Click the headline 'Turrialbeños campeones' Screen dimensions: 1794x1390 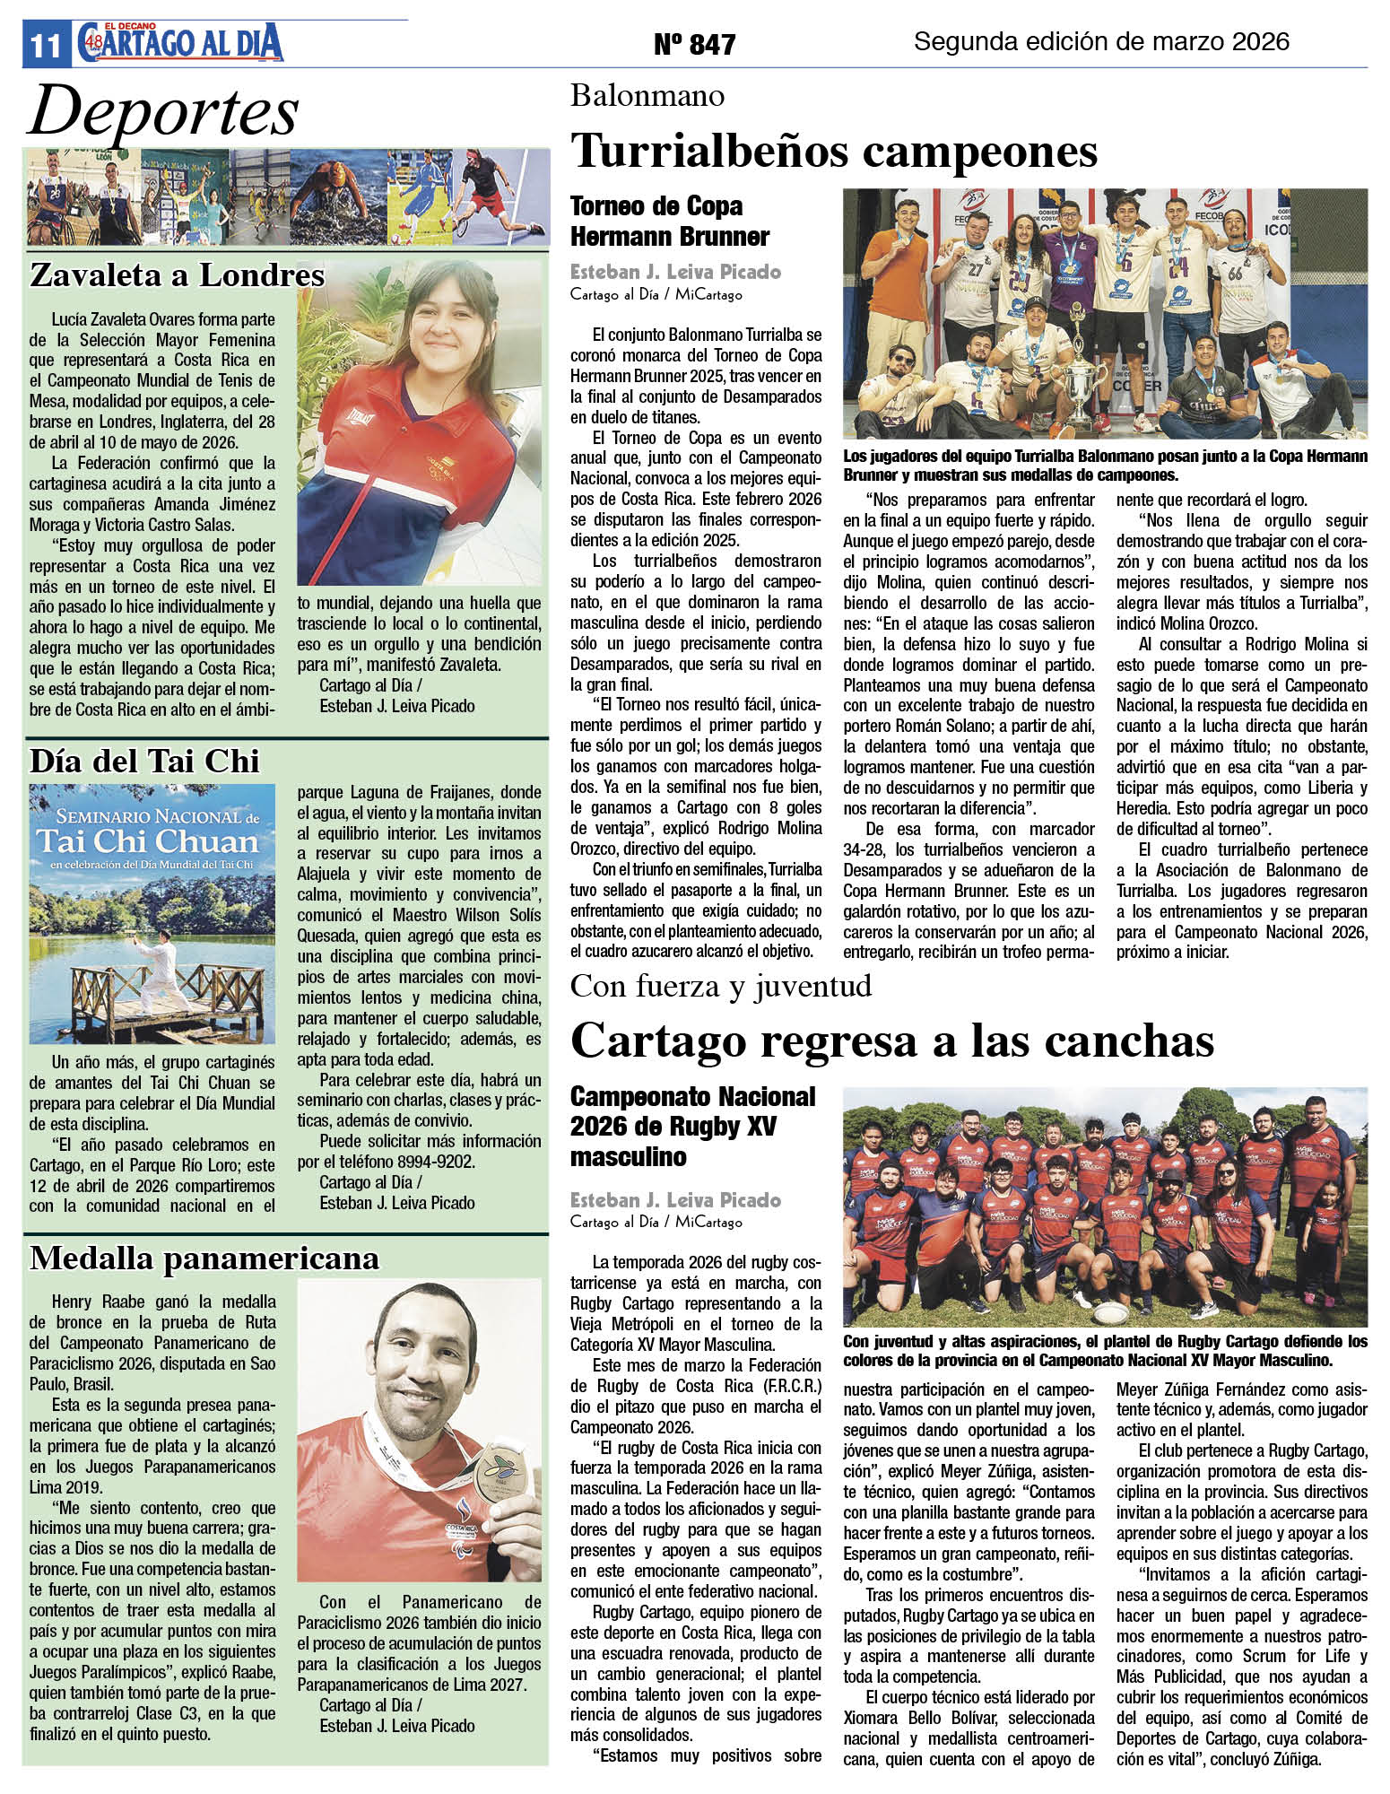pyautogui.click(x=834, y=151)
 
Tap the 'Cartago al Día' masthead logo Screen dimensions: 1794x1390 pyautogui.click(x=180, y=43)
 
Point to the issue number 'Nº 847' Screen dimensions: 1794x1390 pyautogui.click(x=694, y=44)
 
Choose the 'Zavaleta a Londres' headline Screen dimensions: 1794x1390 pyautogui.click(x=177, y=274)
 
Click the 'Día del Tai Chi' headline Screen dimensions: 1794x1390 pyautogui.click(x=144, y=761)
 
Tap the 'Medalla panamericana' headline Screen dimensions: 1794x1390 pyautogui.click(x=204, y=1258)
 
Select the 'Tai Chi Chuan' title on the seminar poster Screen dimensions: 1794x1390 pyautogui.click(x=147, y=841)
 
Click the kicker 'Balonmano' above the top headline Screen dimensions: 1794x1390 pyautogui.click(x=647, y=96)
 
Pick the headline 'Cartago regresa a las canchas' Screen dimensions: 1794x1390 pyautogui.click(x=891, y=1041)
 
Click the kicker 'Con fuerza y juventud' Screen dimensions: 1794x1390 pyautogui.click(x=721, y=986)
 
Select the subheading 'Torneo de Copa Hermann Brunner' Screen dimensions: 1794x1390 pyautogui.click(x=670, y=221)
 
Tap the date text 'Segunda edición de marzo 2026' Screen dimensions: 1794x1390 pyautogui.click(x=1100, y=41)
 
